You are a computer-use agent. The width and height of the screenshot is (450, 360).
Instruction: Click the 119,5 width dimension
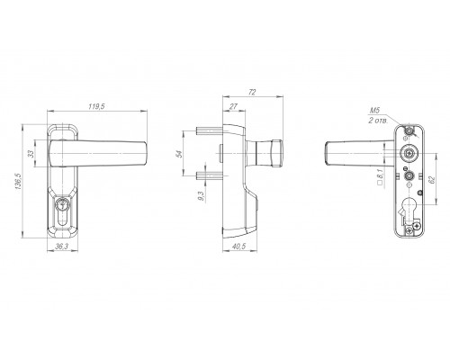[96, 106]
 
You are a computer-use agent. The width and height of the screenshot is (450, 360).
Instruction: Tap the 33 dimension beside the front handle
[31, 154]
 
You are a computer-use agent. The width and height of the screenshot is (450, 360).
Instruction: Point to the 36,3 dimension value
[62, 247]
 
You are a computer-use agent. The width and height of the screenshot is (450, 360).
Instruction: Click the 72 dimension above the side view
[252, 92]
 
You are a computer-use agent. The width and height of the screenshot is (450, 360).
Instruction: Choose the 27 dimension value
[233, 106]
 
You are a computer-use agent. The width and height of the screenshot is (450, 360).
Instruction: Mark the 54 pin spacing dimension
[179, 154]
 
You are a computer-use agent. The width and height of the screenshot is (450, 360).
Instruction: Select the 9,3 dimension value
[201, 196]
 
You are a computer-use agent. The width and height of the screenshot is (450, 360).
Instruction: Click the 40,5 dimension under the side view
[239, 247]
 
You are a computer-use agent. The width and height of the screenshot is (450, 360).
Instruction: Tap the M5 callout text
[374, 111]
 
